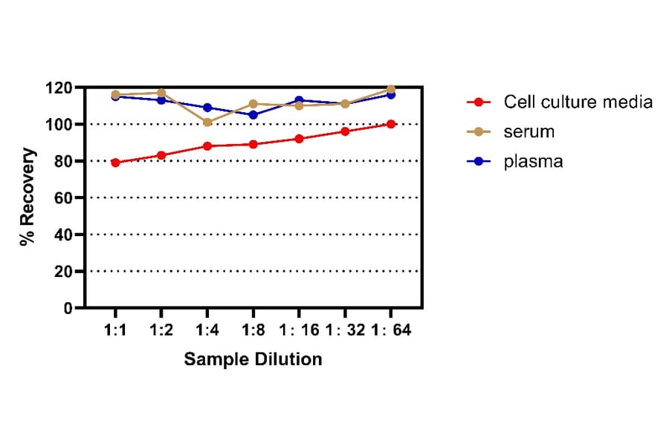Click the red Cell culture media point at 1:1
(x=116, y=163)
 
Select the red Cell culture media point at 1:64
(x=391, y=124)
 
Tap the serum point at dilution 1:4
(x=207, y=122)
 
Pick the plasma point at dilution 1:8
(x=253, y=115)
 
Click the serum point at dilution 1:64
(x=391, y=89)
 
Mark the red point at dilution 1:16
(x=299, y=139)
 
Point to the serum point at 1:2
(x=161, y=93)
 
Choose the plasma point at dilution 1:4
(x=207, y=108)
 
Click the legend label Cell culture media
(x=578, y=102)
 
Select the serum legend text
(x=529, y=131)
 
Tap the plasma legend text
(x=533, y=161)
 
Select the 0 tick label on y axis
(x=69, y=307)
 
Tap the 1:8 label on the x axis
(x=253, y=330)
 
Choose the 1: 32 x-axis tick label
(x=344, y=330)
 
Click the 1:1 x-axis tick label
(x=116, y=330)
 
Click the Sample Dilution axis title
(x=253, y=359)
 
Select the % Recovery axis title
(x=28, y=197)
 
